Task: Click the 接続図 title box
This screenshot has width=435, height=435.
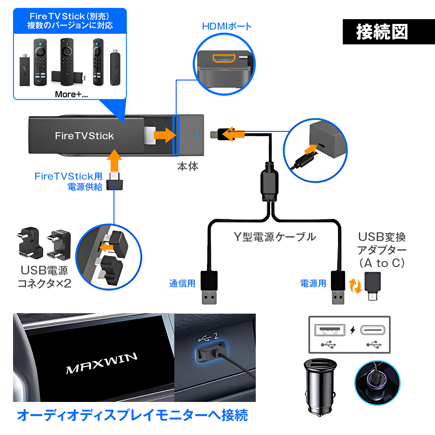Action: coord(382,32)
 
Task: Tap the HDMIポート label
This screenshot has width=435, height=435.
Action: coord(227,26)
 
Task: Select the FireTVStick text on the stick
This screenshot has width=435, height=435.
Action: coord(84,136)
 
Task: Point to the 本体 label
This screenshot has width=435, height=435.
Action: coord(187,166)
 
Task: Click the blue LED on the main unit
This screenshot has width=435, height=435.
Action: coord(196,135)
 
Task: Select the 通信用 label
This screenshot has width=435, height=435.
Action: coord(182,284)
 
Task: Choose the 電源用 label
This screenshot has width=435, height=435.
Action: coord(313,284)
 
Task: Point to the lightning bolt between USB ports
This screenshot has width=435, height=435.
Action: coord(352,330)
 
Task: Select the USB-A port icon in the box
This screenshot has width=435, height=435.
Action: coord(329,330)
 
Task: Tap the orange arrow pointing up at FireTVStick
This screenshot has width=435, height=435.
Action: coord(114,160)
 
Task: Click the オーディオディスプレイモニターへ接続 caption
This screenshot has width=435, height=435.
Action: coord(132,415)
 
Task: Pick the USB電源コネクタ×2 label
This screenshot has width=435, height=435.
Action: coord(44,277)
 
